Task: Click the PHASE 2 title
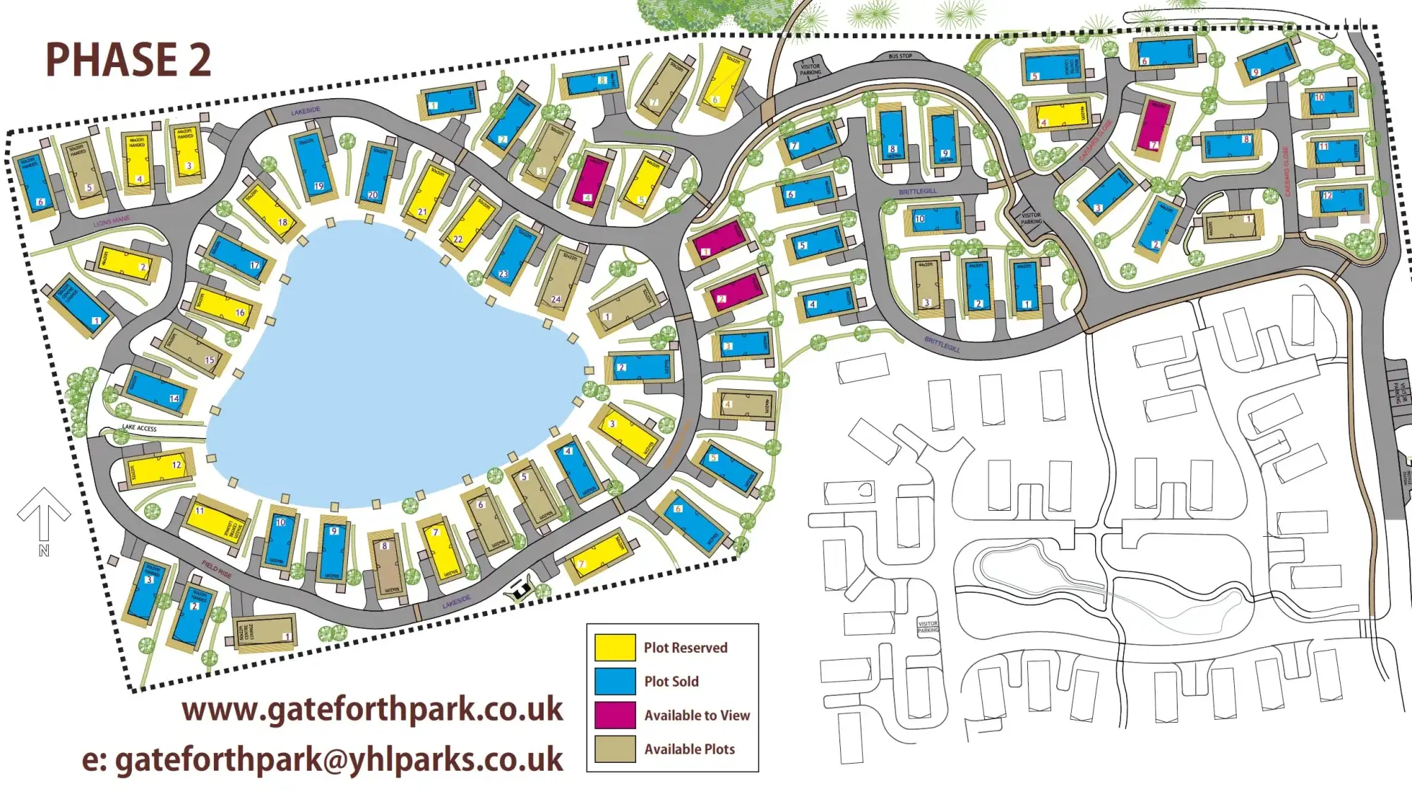pyautogui.click(x=128, y=59)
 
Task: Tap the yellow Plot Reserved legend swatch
pyautogui.click(x=614, y=647)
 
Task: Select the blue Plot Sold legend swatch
pyautogui.click(x=614, y=681)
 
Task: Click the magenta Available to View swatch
pyautogui.click(x=614, y=715)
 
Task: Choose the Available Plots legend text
pyautogui.click(x=689, y=749)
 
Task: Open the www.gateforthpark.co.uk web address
pyautogui.click(x=372, y=709)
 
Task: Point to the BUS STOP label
pyautogui.click(x=900, y=56)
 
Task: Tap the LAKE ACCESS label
pyautogui.click(x=139, y=428)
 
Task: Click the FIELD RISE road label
pyautogui.click(x=216, y=569)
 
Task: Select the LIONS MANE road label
pyautogui.click(x=112, y=222)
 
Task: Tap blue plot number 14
pyautogui.click(x=158, y=391)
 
